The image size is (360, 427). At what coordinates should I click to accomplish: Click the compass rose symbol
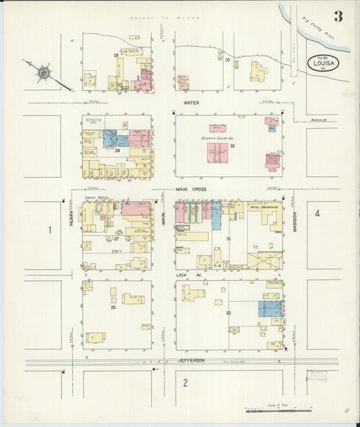[x=43, y=70]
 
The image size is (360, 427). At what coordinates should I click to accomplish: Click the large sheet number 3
[x=337, y=17]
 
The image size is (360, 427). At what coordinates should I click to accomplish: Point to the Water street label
[x=192, y=103]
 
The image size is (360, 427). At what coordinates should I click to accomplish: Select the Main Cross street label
[x=191, y=190]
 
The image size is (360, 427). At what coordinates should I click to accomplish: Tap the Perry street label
[x=70, y=217]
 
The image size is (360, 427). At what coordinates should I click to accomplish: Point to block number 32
[x=231, y=145]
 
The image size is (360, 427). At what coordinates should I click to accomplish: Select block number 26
[x=113, y=307]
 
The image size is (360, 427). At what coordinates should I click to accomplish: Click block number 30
[x=228, y=313]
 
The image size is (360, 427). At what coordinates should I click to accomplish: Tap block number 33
[x=228, y=60]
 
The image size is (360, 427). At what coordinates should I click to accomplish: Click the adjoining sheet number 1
[x=49, y=230]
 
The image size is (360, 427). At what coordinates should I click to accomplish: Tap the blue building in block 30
[x=270, y=309]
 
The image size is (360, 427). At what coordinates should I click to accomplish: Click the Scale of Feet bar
[x=278, y=409]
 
